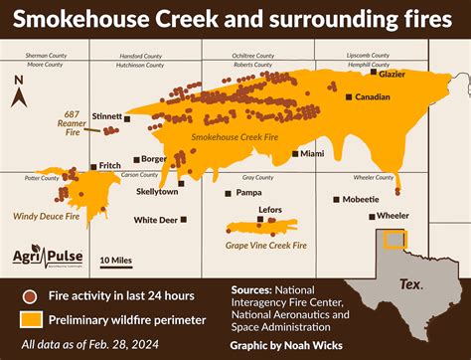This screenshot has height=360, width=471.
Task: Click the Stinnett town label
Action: click(106, 117)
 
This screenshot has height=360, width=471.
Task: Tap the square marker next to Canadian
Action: click(349, 97)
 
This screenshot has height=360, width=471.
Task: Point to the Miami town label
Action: click(312, 154)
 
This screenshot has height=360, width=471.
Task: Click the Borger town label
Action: click(154, 158)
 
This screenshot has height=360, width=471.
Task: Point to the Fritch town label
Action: click(110, 166)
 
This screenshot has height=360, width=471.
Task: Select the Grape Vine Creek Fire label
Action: click(265, 244)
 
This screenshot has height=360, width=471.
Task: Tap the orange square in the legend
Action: click(33, 319)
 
